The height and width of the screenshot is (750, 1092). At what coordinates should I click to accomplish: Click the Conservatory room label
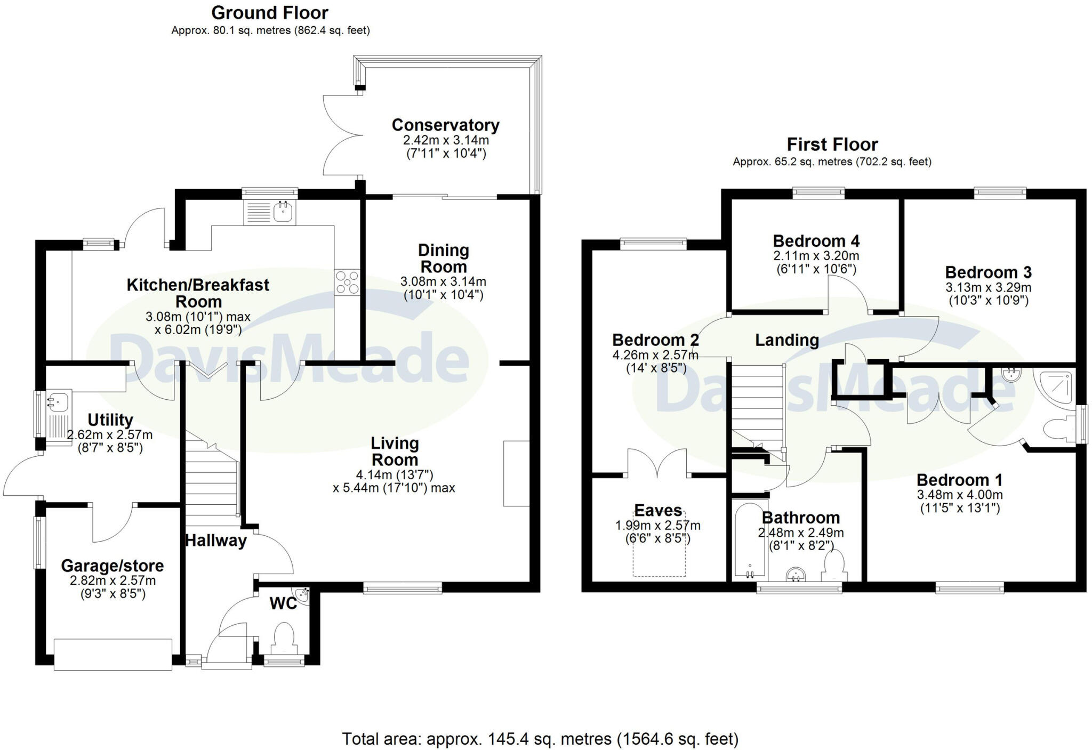click(x=445, y=125)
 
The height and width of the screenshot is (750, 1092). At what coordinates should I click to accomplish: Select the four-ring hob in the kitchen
click(x=347, y=283)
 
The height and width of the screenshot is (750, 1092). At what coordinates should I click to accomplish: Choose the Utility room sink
click(x=59, y=416)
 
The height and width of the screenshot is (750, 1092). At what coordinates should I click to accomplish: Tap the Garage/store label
click(x=112, y=566)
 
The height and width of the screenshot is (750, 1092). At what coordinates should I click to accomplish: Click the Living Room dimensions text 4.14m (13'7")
click(x=395, y=474)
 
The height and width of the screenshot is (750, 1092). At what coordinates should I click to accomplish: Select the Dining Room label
click(x=444, y=259)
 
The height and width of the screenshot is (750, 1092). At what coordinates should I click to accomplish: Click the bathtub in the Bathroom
click(x=750, y=539)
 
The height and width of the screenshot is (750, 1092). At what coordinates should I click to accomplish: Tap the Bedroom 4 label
click(x=816, y=241)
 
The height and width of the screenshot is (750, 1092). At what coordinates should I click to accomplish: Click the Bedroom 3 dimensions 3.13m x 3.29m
click(x=989, y=288)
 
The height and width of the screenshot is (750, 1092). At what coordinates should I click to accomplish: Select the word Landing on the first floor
click(x=787, y=340)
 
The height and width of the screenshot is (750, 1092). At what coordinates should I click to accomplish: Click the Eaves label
click(x=658, y=511)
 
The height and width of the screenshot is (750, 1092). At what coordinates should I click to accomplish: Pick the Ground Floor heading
click(x=270, y=12)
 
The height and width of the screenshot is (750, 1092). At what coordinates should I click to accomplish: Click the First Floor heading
click(x=832, y=144)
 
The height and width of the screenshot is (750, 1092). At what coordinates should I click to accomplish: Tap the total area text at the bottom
click(x=540, y=739)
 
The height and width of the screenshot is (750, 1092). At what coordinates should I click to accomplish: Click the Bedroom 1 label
click(x=960, y=480)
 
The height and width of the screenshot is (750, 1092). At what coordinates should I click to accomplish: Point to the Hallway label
click(x=216, y=541)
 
